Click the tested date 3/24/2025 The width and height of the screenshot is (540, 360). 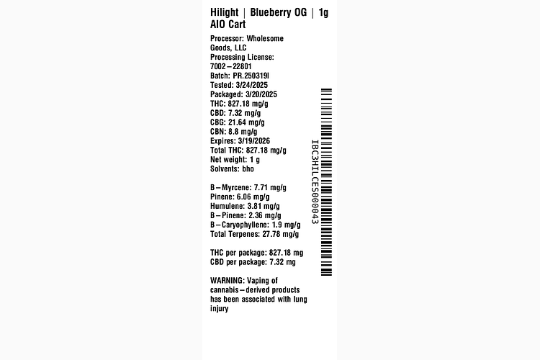(251, 85)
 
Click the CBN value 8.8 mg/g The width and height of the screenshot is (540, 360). (244, 132)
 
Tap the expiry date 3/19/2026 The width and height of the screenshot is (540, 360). (254, 141)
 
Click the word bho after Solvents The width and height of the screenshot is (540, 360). (248, 169)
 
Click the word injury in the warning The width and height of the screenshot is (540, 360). (220, 309)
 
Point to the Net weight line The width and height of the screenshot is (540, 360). (235, 160)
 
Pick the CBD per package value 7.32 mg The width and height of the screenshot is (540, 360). (282, 262)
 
